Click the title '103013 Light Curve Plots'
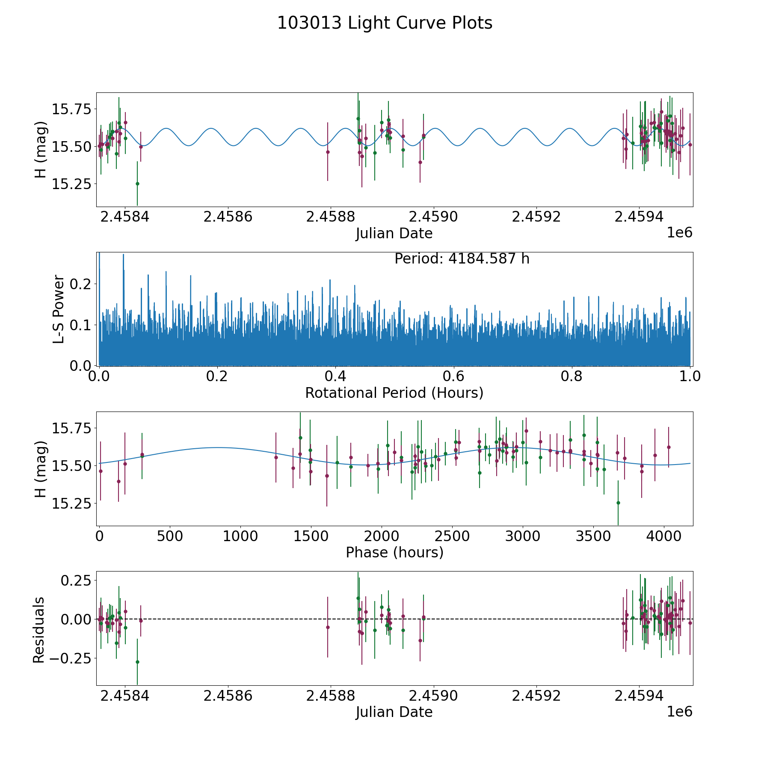tap(385, 23)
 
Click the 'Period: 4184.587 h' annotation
tap(462, 259)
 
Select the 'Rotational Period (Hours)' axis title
tap(394, 393)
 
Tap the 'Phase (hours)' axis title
tap(394, 552)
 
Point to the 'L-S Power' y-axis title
tap(59, 309)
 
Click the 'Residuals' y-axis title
tap(39, 630)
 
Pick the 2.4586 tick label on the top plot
tap(228, 217)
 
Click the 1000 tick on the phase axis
tap(240, 536)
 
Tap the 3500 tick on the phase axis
tap(593, 536)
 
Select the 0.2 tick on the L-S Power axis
tap(81, 284)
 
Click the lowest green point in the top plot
tap(137, 184)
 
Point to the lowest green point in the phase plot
tap(618, 503)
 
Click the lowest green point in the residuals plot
tap(137, 662)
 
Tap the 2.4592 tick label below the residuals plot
tap(536, 696)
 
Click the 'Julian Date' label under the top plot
tap(394, 234)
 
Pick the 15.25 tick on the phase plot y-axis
tap(71, 503)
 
